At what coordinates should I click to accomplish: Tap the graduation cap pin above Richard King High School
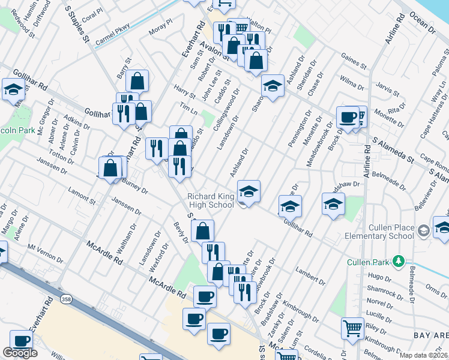pos(249,192)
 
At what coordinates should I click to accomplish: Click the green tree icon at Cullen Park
pos(397,261)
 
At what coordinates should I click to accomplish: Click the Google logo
pos(20,353)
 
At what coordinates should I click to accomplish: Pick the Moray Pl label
pos(160,29)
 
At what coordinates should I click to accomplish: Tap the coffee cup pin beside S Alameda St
pos(348,117)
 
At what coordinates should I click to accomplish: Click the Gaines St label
pos(353,59)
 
